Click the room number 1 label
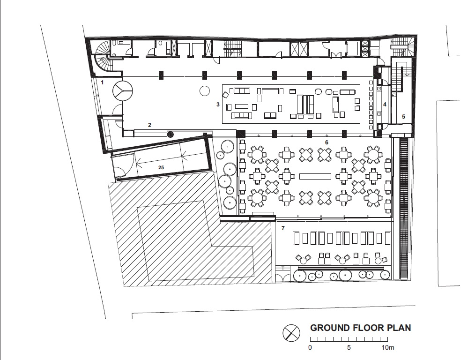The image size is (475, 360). coord(103,82)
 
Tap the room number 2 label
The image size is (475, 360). coord(149,125)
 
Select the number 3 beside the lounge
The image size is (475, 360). coord(218,105)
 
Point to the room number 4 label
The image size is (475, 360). coord(385,105)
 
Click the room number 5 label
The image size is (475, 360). coord(403,117)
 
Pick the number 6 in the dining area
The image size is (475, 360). coord(327,142)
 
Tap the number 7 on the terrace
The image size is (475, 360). coord(283,228)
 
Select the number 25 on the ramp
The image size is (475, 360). coord(161,167)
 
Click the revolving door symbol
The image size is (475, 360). coord(123,90)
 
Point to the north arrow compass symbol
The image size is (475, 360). coord(291,333)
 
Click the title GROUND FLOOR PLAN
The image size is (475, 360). coord(361,328)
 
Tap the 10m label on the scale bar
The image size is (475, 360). coord(388,347)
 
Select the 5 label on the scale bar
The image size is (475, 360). coord(349,347)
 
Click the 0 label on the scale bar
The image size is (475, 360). coord(310,347)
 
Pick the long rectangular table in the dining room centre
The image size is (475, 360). coord(315,176)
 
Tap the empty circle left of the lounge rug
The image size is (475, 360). coord(205,90)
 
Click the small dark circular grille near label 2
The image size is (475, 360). coord(171,134)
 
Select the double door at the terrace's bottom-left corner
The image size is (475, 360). coord(282,277)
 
